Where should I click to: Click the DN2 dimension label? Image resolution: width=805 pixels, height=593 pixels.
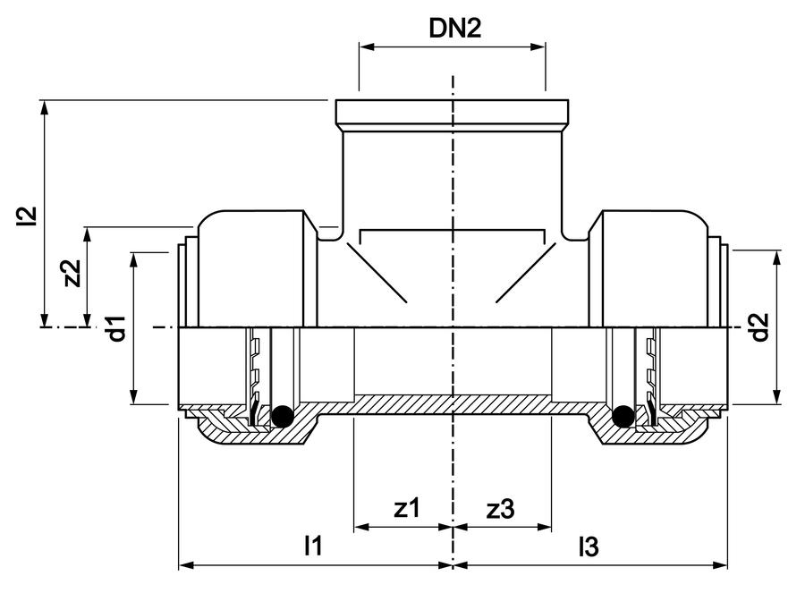pos(455,29)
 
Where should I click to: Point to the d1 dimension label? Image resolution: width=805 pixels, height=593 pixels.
pos(117,329)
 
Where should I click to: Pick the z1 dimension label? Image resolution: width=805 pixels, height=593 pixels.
pos(407,508)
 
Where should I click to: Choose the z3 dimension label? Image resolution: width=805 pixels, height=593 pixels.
pos(500,509)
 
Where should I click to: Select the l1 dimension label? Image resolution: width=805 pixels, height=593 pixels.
pos(313,546)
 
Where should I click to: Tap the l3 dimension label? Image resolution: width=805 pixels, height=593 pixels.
pos(589,546)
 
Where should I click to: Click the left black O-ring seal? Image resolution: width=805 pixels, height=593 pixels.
pos(282,416)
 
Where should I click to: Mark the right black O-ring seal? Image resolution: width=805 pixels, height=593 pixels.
pos(623,416)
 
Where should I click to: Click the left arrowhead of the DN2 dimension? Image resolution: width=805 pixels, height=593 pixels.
pos(366,47)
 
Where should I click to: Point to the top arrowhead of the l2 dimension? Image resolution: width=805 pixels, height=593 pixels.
pos(46,107)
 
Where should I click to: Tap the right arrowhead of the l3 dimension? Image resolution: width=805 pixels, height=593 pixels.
pos(721,565)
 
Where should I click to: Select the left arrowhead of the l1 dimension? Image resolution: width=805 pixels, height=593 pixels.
pos(185,565)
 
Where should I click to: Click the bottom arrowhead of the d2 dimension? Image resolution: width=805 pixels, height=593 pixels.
pos(777,397)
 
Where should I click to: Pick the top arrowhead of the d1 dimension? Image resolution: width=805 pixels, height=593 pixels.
pos(133,259)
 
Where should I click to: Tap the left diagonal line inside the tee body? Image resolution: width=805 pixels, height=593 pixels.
pos(377,272)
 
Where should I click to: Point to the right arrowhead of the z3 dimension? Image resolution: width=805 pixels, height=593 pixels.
pos(545,527)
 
